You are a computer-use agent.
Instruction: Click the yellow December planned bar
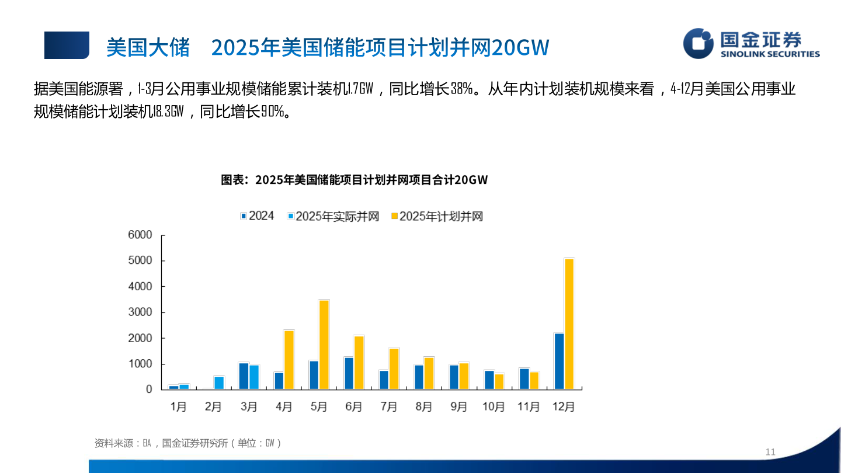pyautogui.click(x=569, y=324)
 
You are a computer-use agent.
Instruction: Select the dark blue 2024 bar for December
pyautogui.click(x=559, y=361)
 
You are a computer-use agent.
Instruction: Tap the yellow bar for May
pyautogui.click(x=324, y=345)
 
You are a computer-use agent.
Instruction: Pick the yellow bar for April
pyautogui.click(x=289, y=360)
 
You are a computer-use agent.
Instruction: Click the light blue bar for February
pyautogui.click(x=219, y=382)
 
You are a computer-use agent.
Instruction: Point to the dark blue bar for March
pyautogui.click(x=244, y=375)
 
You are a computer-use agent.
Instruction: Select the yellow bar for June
pyautogui.click(x=359, y=362)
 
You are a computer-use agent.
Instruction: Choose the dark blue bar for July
pyautogui.click(x=384, y=380)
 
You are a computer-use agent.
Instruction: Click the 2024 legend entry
pyautogui.click(x=256, y=216)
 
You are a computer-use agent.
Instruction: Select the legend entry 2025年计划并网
pyautogui.click(x=437, y=217)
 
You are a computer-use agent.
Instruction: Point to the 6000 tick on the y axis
pyautogui.click(x=140, y=235)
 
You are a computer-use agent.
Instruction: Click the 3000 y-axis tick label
pyautogui.click(x=140, y=312)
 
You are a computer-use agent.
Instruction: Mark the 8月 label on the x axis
pyautogui.click(x=423, y=407)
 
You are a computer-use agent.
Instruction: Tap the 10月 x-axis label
pyautogui.click(x=494, y=407)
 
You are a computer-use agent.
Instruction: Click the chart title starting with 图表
pyautogui.click(x=354, y=180)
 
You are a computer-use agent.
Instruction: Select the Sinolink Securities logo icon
pyautogui.click(x=698, y=43)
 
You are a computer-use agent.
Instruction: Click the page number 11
pyautogui.click(x=770, y=452)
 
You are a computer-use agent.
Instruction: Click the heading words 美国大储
pyautogui.click(x=148, y=47)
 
